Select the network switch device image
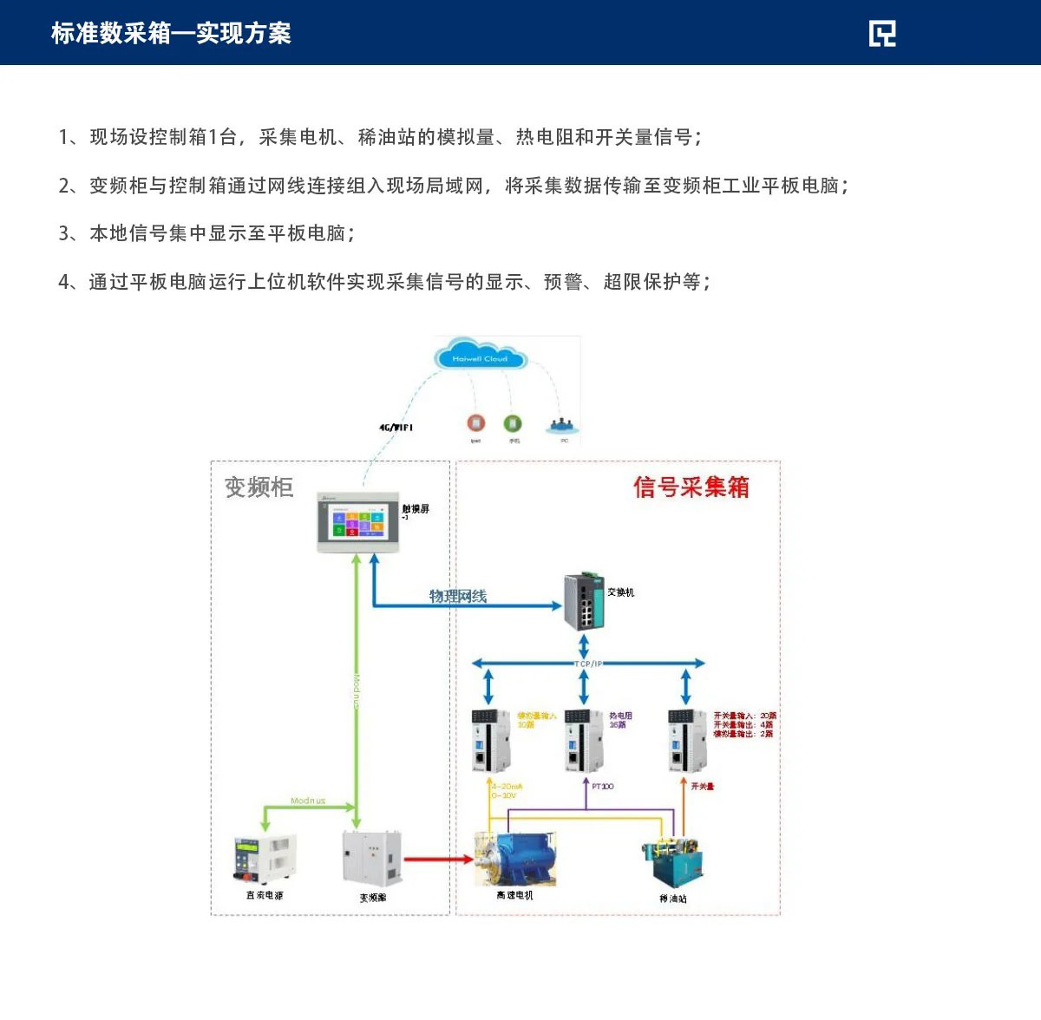(584, 601)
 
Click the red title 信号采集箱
(691, 487)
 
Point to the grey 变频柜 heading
(259, 487)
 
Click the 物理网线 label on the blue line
(458, 596)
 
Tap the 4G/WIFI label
(396, 428)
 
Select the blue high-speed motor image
(514, 859)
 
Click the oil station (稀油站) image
(672, 863)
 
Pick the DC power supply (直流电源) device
(265, 860)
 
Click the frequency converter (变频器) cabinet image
(372, 860)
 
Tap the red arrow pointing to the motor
(438, 860)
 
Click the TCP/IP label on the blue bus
(587, 664)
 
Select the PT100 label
(602, 786)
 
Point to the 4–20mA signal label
(507, 787)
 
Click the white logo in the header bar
(882, 33)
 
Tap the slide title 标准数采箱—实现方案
(171, 33)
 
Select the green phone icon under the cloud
(513, 423)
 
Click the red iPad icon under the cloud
(475, 423)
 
